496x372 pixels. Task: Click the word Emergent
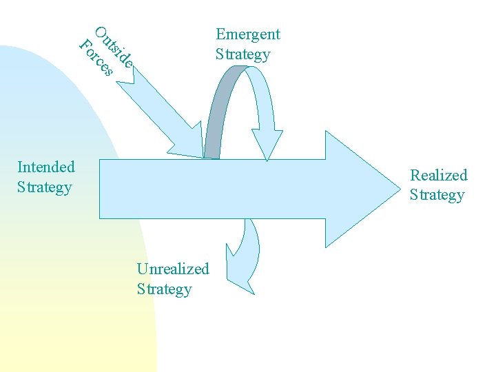pyautogui.click(x=248, y=34)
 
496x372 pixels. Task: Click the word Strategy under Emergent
pyautogui.click(x=242, y=54)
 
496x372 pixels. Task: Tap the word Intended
pyautogui.click(x=45, y=167)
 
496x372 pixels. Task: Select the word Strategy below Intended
pyautogui.click(x=44, y=187)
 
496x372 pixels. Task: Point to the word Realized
pyautogui.click(x=439, y=175)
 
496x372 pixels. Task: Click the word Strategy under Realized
pyautogui.click(x=437, y=195)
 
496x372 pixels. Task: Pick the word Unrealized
pyautogui.click(x=173, y=269)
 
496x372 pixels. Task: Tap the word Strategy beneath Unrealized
pyautogui.click(x=164, y=289)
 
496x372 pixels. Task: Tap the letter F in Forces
pyautogui.click(x=85, y=45)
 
